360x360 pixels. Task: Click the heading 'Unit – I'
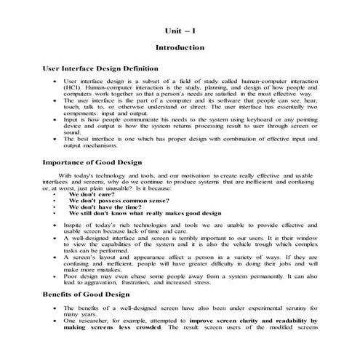pos(180,32)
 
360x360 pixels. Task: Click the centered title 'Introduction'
pos(180,47)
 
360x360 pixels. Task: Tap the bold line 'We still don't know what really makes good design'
pos(145,214)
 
